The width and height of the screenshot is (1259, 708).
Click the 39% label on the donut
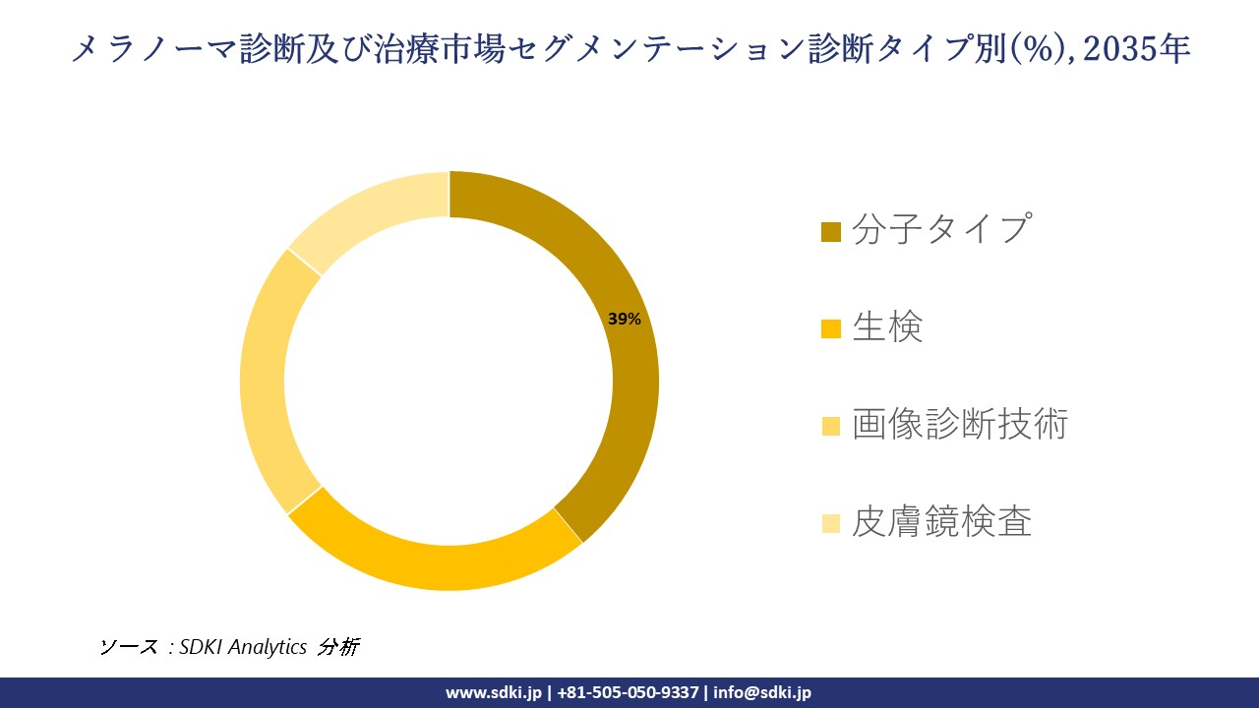tap(624, 319)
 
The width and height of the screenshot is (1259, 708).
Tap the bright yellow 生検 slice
tap(433, 560)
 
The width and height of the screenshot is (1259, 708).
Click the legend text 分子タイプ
tap(941, 229)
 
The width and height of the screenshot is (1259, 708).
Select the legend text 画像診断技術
tap(960, 424)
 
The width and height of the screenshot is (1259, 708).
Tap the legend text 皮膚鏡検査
tap(941, 521)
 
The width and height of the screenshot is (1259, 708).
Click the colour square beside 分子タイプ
tap(831, 232)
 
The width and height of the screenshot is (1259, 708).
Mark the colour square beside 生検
tap(831, 328)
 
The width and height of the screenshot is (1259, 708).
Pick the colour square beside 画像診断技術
tap(831, 426)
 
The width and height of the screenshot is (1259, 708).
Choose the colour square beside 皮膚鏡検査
tap(831, 523)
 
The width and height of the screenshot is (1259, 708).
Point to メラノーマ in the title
tap(152, 48)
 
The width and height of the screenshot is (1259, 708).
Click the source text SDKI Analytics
tap(243, 647)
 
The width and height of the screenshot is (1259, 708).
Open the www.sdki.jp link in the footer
tap(493, 692)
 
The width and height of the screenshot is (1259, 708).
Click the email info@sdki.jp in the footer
tap(762, 692)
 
